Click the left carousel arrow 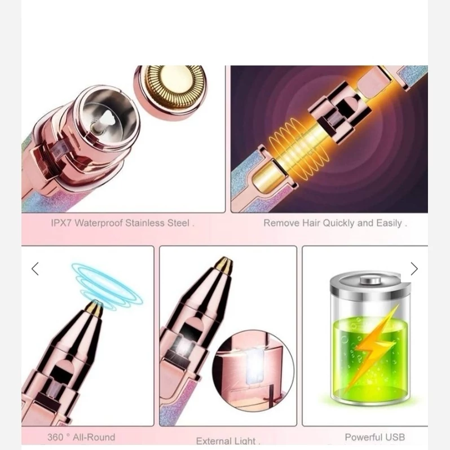pos(35,269)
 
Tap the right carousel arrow pos(414,269)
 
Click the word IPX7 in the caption pos(61,223)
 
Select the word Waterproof pos(99,223)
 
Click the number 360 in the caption pos(55,437)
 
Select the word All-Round pos(94,437)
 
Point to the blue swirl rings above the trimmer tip pos(107,285)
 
